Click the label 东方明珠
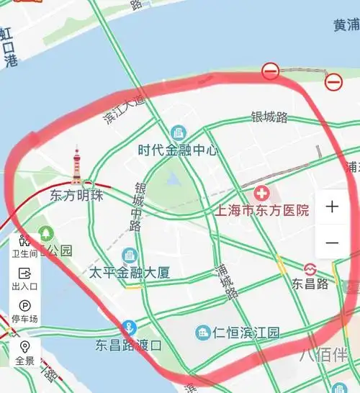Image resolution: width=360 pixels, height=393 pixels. point(77,195)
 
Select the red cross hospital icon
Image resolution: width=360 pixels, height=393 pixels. point(261,193)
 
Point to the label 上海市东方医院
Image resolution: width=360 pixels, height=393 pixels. point(262,211)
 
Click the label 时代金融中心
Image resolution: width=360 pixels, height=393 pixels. point(178,150)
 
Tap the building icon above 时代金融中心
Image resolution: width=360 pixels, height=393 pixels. point(178,133)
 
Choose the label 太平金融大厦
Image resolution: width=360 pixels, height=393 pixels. point(130,273)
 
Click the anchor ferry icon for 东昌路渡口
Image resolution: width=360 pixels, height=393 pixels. point(130,327)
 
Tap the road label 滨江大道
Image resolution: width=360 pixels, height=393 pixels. point(124,108)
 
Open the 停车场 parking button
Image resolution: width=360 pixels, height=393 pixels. point(25,310)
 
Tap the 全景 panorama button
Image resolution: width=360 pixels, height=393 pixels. point(24,353)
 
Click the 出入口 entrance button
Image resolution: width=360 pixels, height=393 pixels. point(24,279)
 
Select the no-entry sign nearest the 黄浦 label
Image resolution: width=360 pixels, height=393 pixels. point(333,81)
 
